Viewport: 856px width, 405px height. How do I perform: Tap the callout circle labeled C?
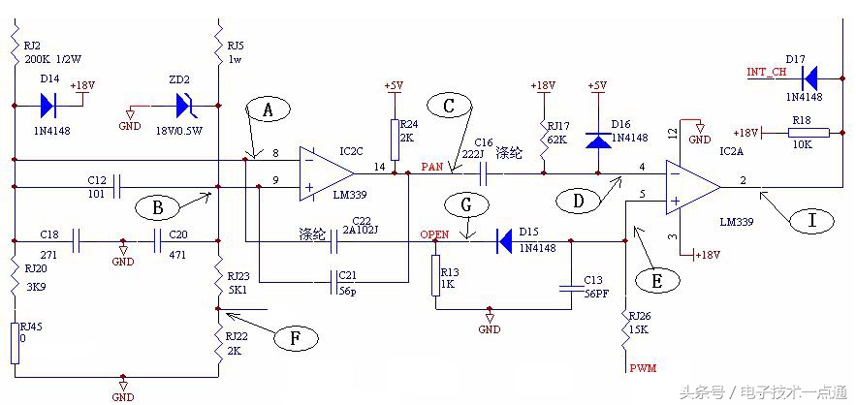click(x=448, y=108)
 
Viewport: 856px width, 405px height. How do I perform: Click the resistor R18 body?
click(x=808, y=132)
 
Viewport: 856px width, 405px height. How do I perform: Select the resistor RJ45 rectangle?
click(x=15, y=342)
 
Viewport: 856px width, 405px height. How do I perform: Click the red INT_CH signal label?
click(x=764, y=72)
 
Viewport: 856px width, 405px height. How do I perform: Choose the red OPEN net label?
click(x=433, y=234)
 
